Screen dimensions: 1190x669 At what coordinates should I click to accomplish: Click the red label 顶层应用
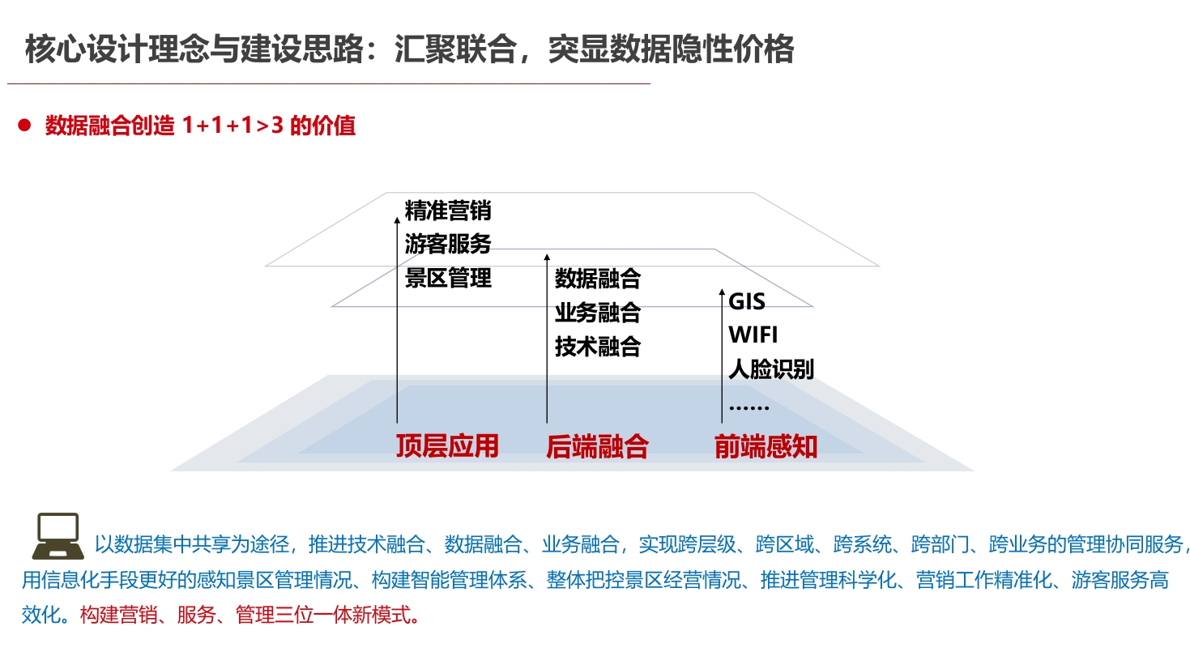tap(447, 446)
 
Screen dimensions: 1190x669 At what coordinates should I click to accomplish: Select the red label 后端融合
tap(598, 446)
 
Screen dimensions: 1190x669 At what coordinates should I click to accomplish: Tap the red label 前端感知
tap(766, 446)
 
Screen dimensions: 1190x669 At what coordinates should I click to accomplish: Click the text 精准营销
tap(448, 211)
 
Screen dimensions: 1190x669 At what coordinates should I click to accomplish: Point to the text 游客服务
tap(448, 244)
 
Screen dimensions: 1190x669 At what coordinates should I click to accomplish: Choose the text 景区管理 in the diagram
tap(448, 278)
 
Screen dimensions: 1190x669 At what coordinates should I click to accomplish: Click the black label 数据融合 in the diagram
tap(598, 279)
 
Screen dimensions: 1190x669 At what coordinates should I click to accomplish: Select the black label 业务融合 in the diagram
tap(598, 312)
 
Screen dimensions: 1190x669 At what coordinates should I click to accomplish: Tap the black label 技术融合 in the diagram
tap(598, 346)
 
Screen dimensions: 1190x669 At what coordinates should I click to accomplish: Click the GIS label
tap(747, 301)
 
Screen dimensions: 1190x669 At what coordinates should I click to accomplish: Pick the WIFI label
tap(753, 335)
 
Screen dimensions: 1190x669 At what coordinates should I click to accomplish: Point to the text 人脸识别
tap(771, 369)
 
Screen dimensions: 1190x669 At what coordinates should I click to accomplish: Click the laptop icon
tap(58, 535)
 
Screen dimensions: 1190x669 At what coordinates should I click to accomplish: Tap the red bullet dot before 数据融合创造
tap(24, 126)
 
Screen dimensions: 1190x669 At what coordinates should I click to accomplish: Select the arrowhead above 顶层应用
tap(397, 219)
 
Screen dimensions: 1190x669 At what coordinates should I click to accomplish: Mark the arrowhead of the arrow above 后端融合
tap(547, 257)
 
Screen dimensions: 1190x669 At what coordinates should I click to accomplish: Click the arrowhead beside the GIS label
tap(722, 292)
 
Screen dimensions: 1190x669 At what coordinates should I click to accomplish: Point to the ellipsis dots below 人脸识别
tap(749, 407)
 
